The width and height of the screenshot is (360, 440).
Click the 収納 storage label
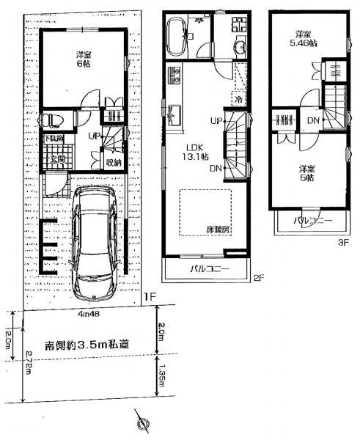pyautogui.click(x=112, y=163)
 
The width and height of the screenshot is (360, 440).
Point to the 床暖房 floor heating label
pyautogui.click(x=218, y=230)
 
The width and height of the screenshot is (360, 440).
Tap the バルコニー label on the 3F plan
pyautogui.click(x=313, y=220)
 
